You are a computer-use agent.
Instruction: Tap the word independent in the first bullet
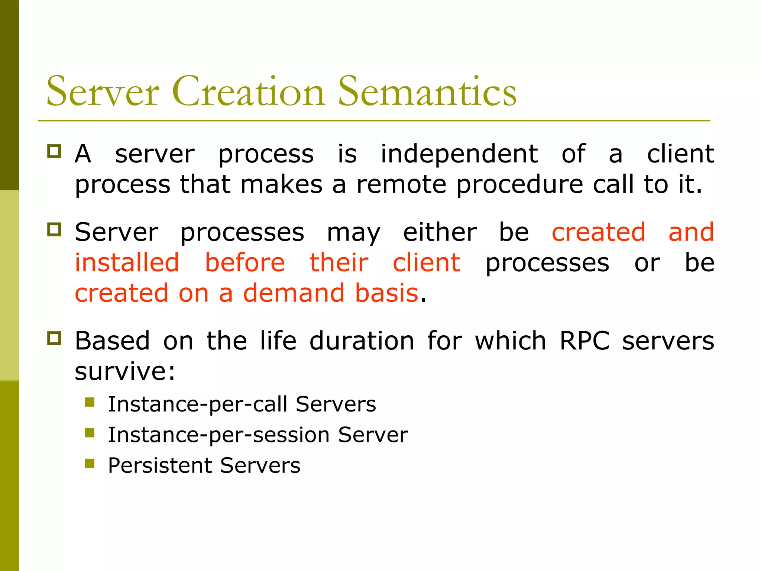pos(459,154)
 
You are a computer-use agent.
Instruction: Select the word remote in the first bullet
pos(401,185)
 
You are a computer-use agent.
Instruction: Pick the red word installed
pos(127,263)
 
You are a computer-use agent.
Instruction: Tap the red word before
pos(245,263)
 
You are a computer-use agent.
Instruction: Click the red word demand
pos(294,293)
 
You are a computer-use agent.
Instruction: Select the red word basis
pos(387,293)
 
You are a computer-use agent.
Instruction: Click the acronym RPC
pos(584,341)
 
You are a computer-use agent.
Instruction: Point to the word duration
pos(362,341)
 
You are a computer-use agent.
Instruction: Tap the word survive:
pos(125,372)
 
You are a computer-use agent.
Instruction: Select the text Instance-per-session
pos(218,435)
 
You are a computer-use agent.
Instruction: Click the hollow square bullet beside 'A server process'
pos(54,151)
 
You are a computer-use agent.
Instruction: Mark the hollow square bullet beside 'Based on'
pos(54,338)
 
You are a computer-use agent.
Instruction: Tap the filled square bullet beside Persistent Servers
pos(90,463)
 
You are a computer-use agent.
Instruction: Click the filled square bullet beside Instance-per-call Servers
pos(90,402)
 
